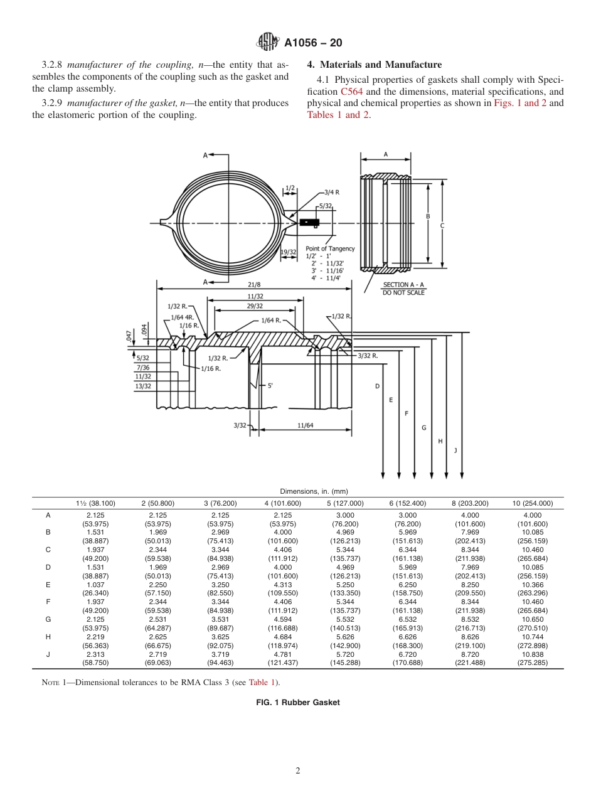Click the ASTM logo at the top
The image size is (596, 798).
pos(268,43)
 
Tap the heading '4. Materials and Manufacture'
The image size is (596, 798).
pos(374,65)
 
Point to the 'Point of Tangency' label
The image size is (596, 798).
pos(330,248)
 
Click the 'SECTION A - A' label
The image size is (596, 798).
pos(403,285)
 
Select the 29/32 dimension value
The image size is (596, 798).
pos(255,306)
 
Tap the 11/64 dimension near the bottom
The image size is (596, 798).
pos(305,426)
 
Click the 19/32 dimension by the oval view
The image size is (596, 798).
pos(289,252)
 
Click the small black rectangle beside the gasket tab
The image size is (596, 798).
pos(310,222)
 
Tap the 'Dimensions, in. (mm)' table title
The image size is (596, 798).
pos(298,491)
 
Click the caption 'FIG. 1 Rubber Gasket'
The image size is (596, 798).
pos(298,703)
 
